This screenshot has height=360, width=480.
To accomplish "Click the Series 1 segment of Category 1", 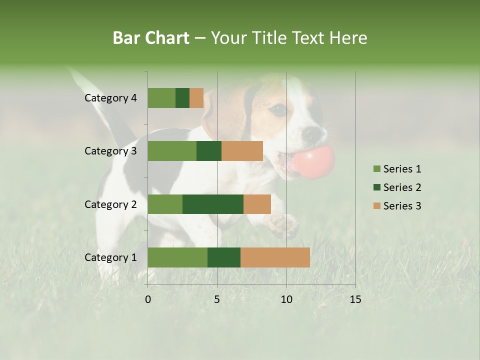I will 177,257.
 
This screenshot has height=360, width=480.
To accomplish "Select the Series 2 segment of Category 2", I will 213,204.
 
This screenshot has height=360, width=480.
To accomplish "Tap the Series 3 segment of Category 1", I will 275,257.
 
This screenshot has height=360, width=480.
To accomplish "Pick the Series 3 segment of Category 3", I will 242,151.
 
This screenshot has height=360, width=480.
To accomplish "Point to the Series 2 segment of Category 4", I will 182,98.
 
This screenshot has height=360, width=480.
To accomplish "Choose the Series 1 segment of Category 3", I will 172,151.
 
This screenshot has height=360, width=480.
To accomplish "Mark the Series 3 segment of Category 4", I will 196,98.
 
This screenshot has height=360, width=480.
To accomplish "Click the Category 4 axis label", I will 110,98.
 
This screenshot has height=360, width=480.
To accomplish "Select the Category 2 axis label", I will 110,204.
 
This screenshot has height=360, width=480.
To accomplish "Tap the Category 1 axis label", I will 110,257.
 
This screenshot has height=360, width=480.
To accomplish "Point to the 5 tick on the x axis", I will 217,299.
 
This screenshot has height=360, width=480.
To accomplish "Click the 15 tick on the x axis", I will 355,299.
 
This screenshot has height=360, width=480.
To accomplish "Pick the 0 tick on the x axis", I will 148,299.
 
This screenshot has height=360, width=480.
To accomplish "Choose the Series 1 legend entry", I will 397,169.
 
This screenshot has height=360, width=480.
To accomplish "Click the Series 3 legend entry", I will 397,206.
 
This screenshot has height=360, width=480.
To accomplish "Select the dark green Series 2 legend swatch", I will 376,187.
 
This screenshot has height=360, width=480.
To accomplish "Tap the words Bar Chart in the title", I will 151,38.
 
